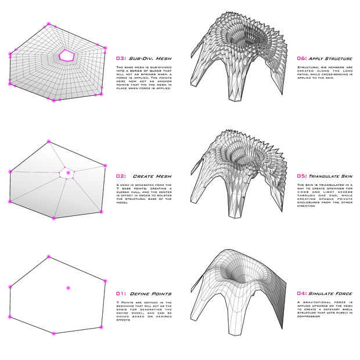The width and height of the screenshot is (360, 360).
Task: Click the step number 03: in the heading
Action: (121, 59)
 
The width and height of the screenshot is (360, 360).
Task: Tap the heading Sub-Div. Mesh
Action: (150, 59)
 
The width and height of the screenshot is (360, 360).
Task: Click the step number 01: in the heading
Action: (121, 294)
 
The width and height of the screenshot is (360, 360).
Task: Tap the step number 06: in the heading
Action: (301, 59)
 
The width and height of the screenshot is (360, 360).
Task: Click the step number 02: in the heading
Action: (121, 176)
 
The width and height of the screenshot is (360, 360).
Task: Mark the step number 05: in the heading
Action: (301, 176)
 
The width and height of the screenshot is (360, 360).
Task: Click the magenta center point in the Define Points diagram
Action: (68, 288)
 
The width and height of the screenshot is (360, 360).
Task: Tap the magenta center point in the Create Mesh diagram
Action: (68, 172)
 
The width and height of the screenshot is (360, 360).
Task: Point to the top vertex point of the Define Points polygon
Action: (48, 256)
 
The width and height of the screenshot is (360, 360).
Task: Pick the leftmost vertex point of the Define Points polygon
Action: (10, 287)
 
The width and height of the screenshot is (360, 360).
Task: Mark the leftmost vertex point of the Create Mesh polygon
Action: (10, 172)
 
